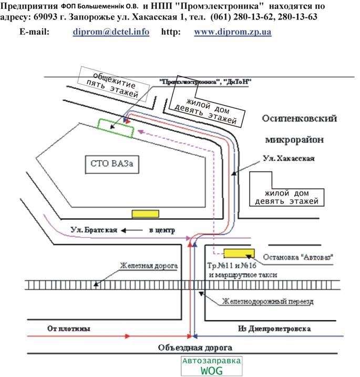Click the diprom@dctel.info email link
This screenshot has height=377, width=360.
[110, 32]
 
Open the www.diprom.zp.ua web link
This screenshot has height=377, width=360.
[232, 32]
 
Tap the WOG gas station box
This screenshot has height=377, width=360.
[211, 366]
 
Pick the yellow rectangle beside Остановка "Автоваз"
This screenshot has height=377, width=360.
[239, 253]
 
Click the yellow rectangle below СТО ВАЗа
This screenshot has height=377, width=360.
[145, 214]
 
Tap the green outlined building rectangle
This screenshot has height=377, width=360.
[116, 128]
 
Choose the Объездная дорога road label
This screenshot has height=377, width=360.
[194, 348]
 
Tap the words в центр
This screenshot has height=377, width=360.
[162, 230]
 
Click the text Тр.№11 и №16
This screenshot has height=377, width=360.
[232, 266]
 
